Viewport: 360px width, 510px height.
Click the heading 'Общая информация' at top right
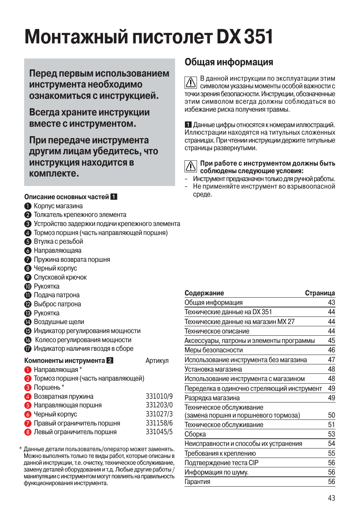[x=229, y=62]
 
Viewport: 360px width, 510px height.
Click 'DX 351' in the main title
[x=245, y=37]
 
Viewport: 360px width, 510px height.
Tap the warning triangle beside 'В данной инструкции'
[x=191, y=82]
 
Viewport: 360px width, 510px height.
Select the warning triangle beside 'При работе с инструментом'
[x=191, y=166]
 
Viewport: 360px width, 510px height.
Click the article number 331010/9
[x=159, y=396]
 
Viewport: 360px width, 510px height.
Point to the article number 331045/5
[x=159, y=432]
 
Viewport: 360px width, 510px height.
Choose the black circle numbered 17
[x=28, y=349]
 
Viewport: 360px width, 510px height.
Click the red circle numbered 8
[x=28, y=432]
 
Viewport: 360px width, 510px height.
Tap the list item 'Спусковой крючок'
[x=60, y=277]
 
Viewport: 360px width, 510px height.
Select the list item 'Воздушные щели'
[x=59, y=322]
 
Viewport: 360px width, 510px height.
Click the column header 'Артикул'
[x=157, y=361]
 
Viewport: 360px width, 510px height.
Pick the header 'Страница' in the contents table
[x=320, y=293]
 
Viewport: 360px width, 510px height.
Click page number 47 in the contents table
[x=331, y=359]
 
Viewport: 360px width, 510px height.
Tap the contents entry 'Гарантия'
[x=197, y=482]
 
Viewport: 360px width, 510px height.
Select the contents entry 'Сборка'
[x=195, y=434]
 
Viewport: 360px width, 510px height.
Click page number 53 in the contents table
[x=331, y=434]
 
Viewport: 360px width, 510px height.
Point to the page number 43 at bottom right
[x=331, y=498]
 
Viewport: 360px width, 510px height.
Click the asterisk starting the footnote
[x=20, y=449]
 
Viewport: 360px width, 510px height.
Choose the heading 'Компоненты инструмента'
[x=65, y=361]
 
